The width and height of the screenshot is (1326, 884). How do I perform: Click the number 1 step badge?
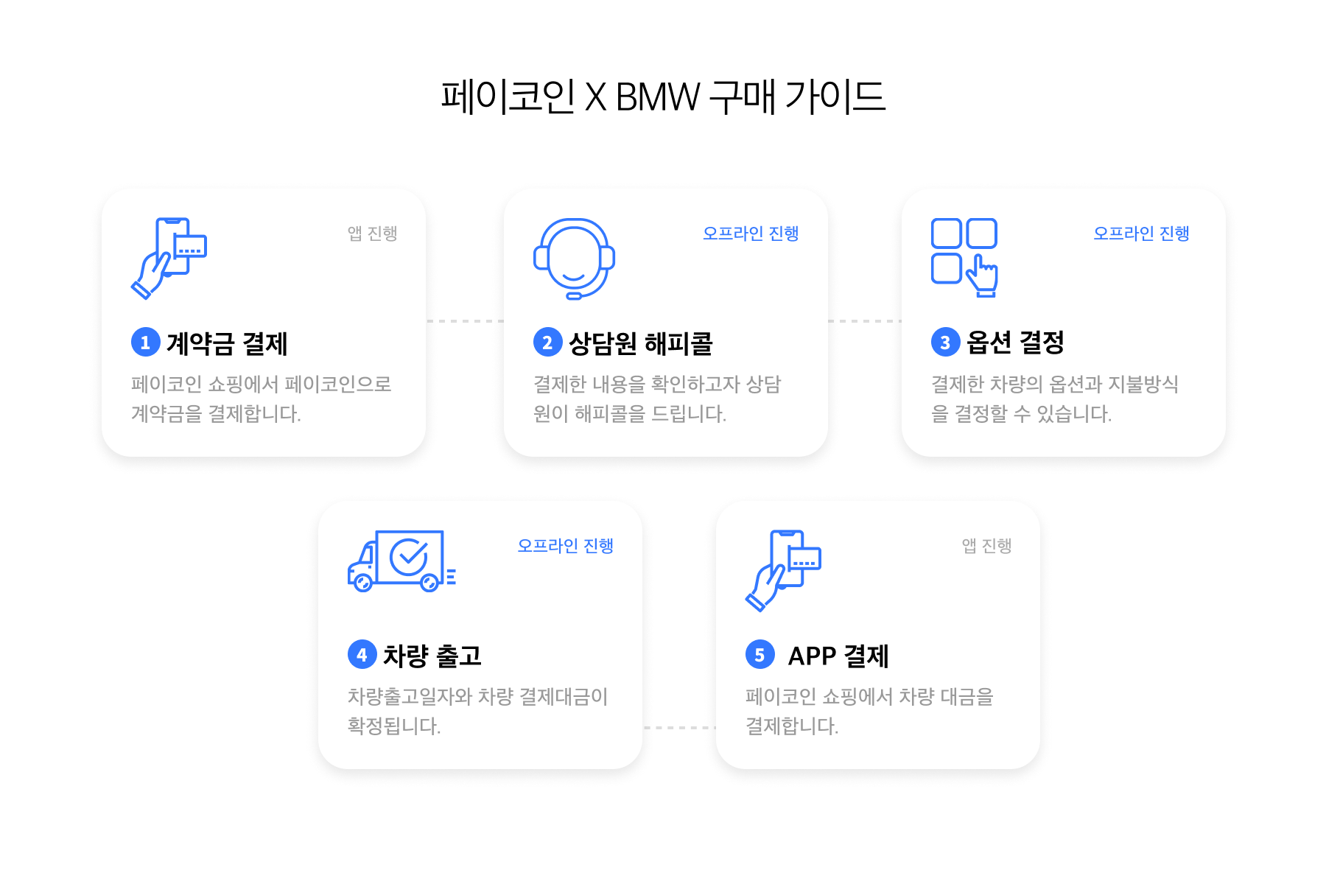[145, 342]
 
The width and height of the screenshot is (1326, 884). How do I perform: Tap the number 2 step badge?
[547, 342]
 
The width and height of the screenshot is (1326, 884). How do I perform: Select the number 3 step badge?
[945, 342]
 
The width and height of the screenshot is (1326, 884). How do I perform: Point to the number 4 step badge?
[362, 654]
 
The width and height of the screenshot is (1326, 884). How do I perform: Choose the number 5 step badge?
[760, 654]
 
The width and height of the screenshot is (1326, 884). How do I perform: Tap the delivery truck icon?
[401, 561]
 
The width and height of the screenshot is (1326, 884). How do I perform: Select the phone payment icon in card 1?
[169, 258]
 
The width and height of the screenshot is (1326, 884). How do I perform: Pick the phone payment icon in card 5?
[783, 570]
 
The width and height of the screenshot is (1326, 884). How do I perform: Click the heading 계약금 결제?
[227, 343]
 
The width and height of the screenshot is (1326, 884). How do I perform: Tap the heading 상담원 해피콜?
[641, 343]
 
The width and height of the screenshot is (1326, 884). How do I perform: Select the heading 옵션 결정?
[1015, 342]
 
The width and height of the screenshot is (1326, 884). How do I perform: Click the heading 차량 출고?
[432, 656]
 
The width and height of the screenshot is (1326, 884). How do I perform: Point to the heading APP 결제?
[838, 656]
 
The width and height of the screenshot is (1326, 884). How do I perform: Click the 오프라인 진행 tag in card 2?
[751, 234]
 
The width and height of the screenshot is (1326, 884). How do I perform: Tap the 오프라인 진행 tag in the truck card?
[565, 546]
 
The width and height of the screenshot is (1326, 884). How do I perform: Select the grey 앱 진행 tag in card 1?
[372, 234]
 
